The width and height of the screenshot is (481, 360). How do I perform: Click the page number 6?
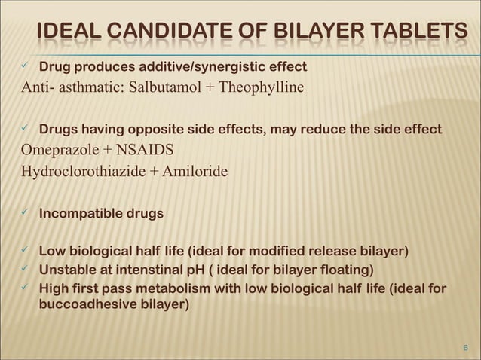tap(465, 347)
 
